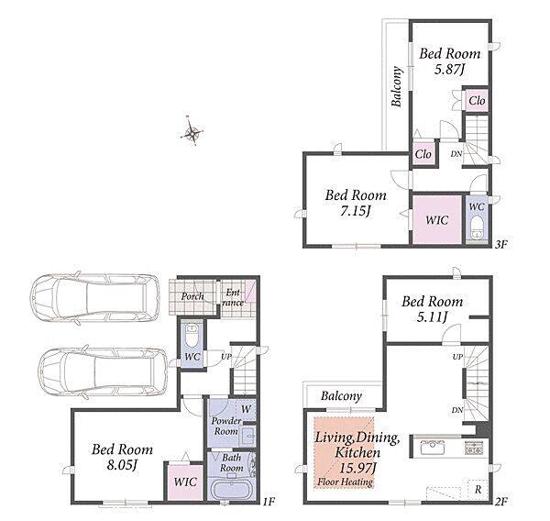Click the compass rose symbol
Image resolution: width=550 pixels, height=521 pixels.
click(192, 132)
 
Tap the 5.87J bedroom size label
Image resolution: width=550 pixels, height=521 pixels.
click(449, 70)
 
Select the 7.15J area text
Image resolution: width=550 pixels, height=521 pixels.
click(356, 211)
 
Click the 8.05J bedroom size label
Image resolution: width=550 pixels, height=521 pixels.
click(122, 465)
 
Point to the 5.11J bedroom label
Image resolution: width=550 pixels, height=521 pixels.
click(432, 317)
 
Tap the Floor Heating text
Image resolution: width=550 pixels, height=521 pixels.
click(345, 482)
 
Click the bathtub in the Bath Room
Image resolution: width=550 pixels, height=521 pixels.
click(232, 489)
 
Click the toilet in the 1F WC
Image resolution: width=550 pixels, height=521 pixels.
click(192, 335)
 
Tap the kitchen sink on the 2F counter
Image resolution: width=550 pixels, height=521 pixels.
click(433, 447)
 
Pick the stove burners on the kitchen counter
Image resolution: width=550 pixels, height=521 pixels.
click(474, 448)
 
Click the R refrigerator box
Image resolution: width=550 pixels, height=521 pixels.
click(478, 489)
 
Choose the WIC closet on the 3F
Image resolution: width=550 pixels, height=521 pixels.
click(436, 219)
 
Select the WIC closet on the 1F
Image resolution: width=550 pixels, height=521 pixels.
click(185, 482)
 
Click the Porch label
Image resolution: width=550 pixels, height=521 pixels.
click(192, 296)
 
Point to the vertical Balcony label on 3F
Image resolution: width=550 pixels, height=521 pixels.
click(396, 86)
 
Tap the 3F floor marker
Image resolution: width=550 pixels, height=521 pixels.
click(501, 244)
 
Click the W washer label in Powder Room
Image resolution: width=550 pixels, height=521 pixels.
click(247, 409)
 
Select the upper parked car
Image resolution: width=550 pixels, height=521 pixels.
click(94, 298)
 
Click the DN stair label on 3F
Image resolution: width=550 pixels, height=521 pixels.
click(456, 153)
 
